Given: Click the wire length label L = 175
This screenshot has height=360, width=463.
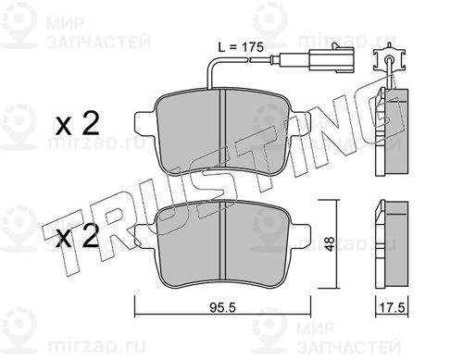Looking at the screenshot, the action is coord(241,47).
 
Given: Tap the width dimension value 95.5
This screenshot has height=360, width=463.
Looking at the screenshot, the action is coord(222,307).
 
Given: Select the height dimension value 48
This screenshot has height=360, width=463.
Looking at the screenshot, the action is coord(331,243).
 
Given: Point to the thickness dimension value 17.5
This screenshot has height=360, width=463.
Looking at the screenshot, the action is coord(392,308).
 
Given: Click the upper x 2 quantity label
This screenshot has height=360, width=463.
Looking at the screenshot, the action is coord(78,124).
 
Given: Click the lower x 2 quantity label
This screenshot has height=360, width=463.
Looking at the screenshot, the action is coord(78,236).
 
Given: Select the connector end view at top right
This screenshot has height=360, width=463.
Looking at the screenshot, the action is coord(389,59).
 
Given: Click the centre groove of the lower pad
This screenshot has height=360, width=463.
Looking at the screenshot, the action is coord(222,242).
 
